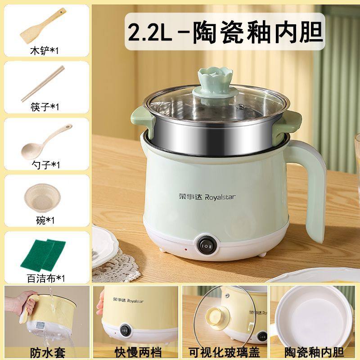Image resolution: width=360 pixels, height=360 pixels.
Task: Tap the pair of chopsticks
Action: (43, 83)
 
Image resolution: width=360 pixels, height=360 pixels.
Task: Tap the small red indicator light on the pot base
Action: (184, 249)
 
